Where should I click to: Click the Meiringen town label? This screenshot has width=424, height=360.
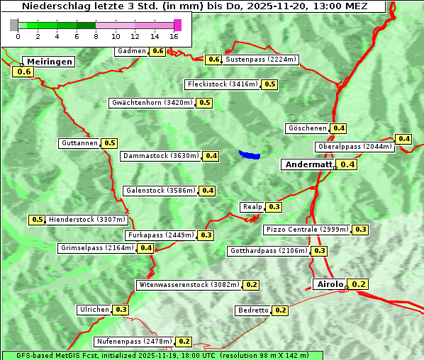[x=48, y=62]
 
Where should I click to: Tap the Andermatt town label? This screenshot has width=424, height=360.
[x=308, y=164]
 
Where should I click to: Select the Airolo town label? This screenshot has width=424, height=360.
[x=330, y=284]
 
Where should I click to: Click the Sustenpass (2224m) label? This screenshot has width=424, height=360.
[x=261, y=60]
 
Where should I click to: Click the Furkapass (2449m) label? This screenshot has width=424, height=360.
[x=160, y=235]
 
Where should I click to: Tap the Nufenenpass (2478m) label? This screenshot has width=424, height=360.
[x=134, y=342]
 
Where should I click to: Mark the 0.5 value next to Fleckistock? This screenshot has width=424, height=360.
[x=269, y=84]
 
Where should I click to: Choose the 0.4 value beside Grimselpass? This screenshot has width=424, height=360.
[x=145, y=248]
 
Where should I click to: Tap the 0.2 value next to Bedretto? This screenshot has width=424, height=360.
[x=280, y=310]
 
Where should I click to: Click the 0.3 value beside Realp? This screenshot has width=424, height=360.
[x=274, y=207]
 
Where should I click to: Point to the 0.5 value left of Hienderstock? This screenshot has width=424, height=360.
[x=38, y=220]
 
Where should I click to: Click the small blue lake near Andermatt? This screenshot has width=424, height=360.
[x=250, y=154]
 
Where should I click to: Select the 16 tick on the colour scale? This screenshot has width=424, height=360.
[x=174, y=36]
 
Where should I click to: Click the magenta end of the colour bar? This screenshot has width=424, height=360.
[x=177, y=25]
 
